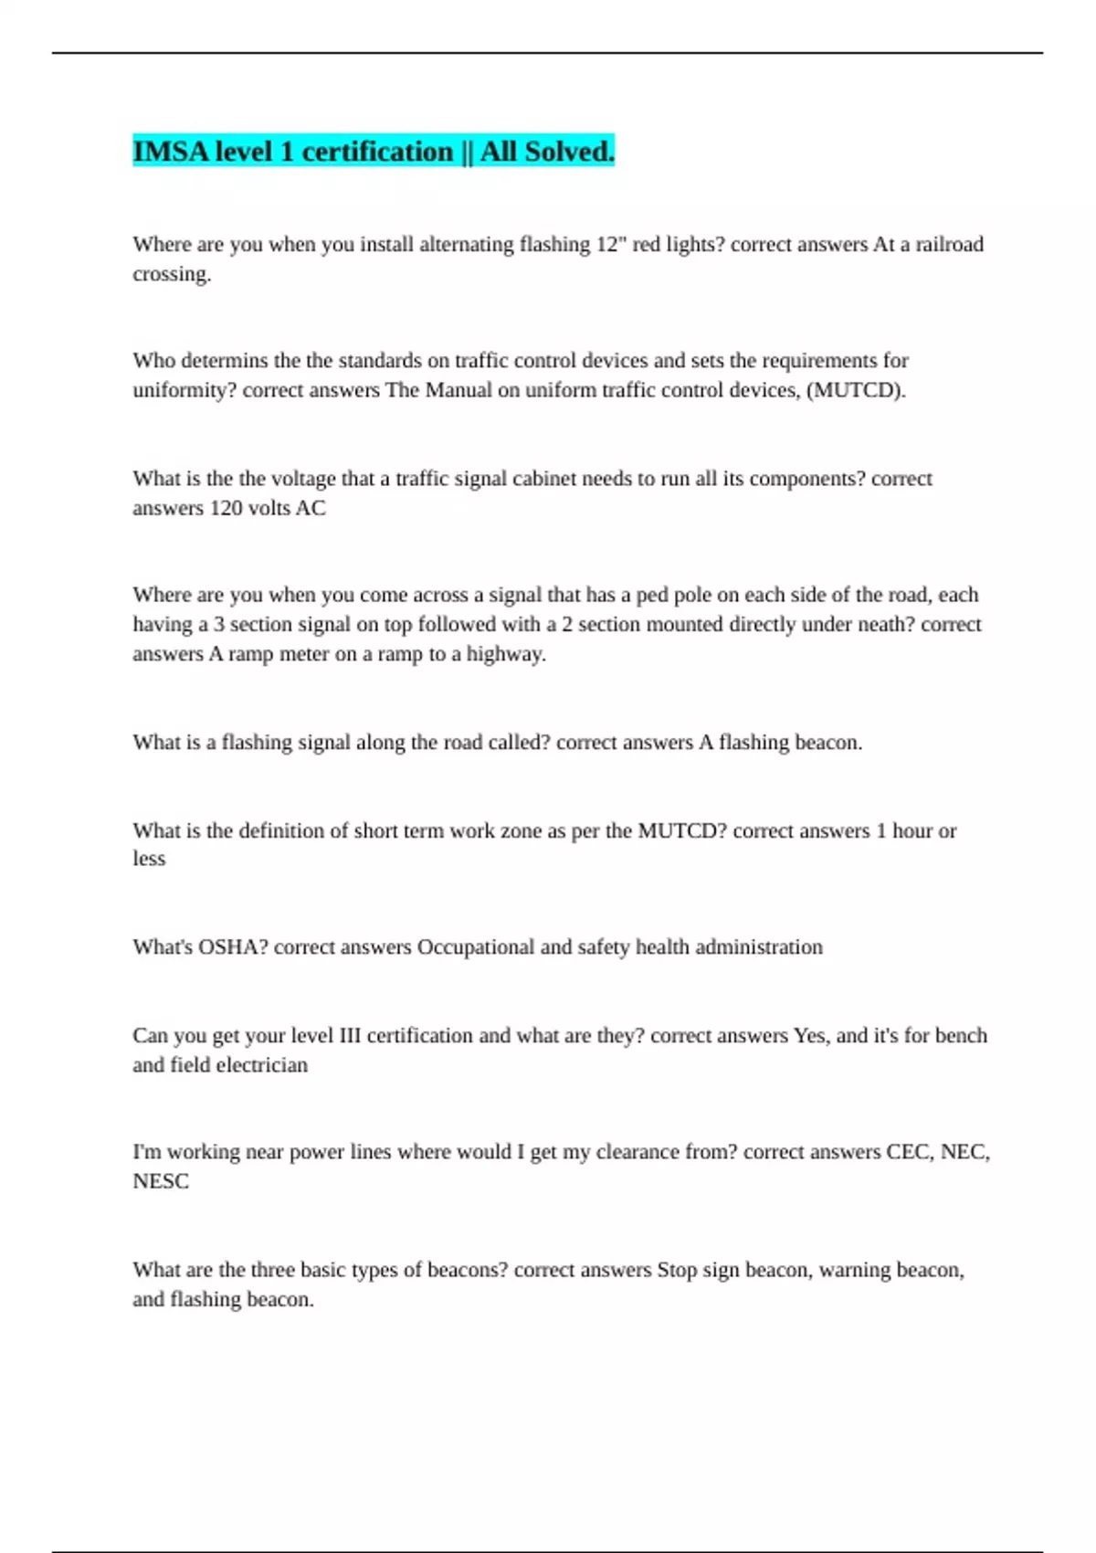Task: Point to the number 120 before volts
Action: [x=226, y=508]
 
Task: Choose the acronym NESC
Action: [x=161, y=1181]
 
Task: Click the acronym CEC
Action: [x=910, y=1152]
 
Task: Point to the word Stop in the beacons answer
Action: [x=677, y=1270]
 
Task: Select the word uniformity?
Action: [x=184, y=390]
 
